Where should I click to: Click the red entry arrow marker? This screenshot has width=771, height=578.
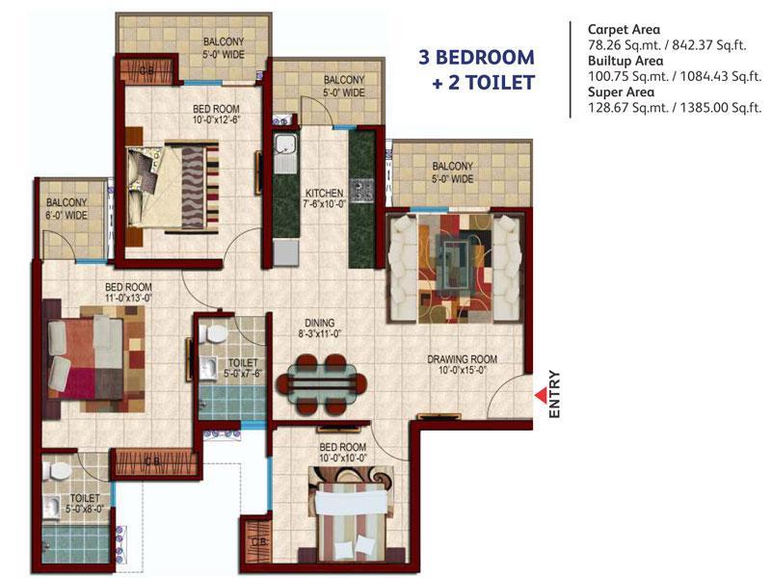[x=542, y=395]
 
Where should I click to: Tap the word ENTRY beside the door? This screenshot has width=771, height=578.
[x=554, y=394]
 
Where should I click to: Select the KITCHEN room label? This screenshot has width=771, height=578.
[x=325, y=193]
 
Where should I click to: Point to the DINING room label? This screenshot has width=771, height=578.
[x=320, y=323]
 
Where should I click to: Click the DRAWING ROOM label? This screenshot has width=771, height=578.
[x=462, y=359]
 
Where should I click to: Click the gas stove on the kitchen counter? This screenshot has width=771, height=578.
[x=362, y=190]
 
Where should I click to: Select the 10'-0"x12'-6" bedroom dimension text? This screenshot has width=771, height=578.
[x=216, y=119]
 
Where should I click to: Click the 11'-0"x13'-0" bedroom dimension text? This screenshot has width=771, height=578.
[x=129, y=298]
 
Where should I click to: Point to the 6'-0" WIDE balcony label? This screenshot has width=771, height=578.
[x=66, y=215]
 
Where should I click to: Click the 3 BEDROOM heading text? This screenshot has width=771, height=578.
[x=476, y=58]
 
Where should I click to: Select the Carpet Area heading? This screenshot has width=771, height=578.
[x=624, y=30]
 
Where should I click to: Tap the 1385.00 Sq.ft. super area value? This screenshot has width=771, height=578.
[x=721, y=108]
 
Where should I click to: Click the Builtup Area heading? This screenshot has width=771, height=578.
[x=625, y=61]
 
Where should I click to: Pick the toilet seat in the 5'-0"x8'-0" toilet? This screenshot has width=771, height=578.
[x=59, y=470]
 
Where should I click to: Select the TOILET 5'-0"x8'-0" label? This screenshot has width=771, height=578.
[x=85, y=504]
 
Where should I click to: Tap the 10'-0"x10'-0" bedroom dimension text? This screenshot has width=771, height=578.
[x=343, y=459]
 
